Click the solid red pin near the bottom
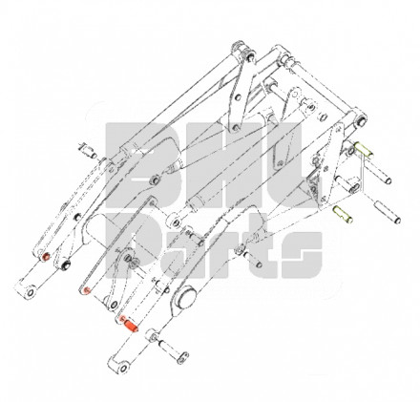tap(131, 326)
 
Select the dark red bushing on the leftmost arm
tap(46, 257)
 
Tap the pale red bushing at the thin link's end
tap(86, 290)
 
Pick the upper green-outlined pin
tap(364, 149)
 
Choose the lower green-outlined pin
tap(343, 215)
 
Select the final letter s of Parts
tap(302, 255)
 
